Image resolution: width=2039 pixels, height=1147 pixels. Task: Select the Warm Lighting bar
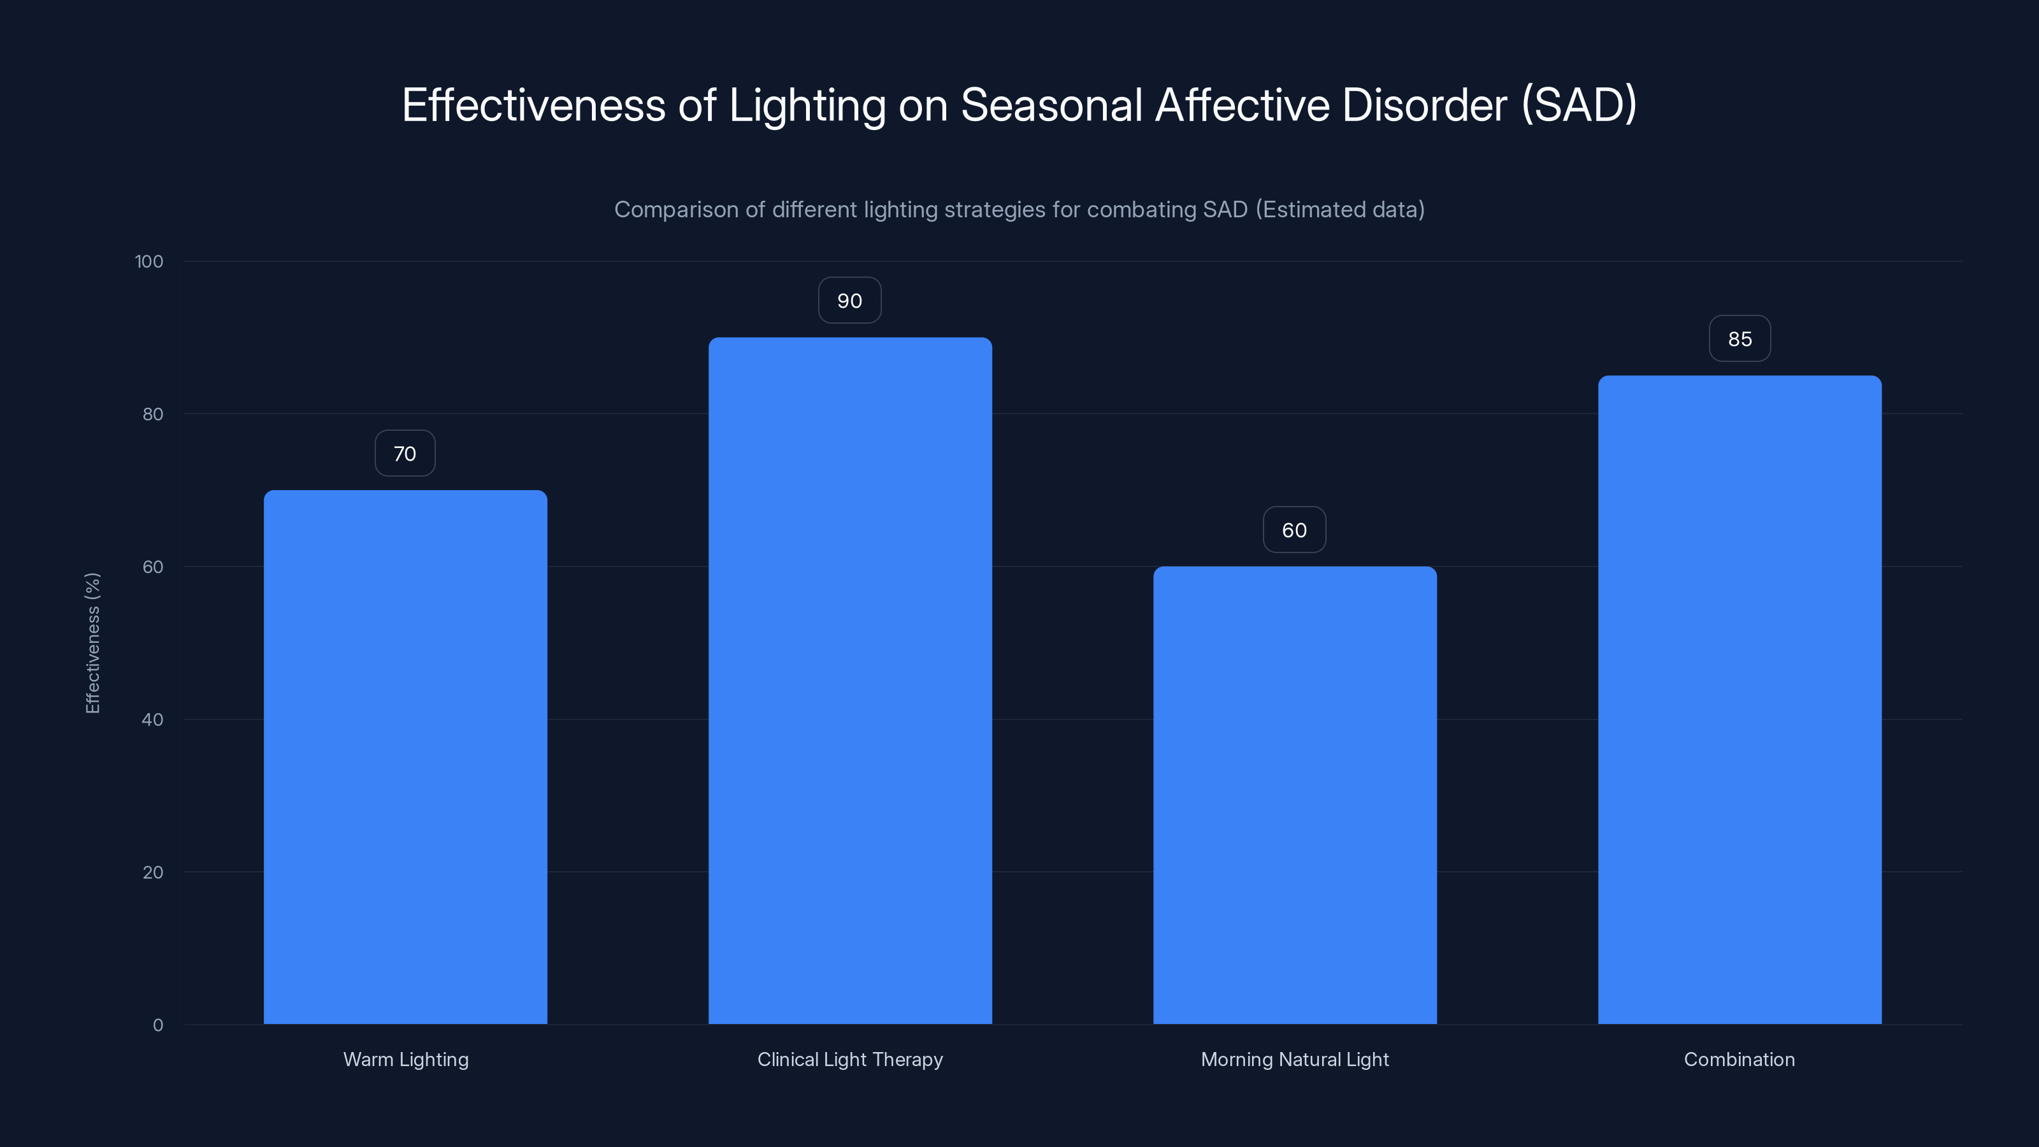click(405, 757)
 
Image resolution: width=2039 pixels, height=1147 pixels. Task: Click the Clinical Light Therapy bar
click(850, 681)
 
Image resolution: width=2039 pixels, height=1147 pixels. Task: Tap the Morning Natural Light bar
click(1295, 795)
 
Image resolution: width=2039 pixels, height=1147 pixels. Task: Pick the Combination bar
click(1740, 700)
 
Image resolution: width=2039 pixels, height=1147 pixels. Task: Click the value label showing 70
click(405, 454)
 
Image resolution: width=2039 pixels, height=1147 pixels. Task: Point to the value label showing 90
click(849, 301)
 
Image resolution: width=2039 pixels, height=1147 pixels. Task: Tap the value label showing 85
click(1740, 339)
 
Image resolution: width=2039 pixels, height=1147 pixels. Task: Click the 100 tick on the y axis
click(149, 261)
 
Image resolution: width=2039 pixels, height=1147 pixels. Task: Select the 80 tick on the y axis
click(153, 414)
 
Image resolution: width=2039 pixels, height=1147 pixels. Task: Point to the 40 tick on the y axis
click(153, 719)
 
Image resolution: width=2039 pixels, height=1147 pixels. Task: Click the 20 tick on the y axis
click(153, 872)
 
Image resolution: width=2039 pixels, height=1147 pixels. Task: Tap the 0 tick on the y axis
click(157, 1025)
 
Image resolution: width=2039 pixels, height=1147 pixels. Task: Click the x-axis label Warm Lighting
click(406, 1059)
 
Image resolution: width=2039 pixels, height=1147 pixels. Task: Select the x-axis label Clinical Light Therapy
click(850, 1059)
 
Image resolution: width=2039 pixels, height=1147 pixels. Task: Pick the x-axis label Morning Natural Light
click(1295, 1059)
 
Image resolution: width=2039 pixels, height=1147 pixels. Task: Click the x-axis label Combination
click(1739, 1059)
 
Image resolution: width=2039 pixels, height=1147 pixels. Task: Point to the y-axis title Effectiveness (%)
click(92, 643)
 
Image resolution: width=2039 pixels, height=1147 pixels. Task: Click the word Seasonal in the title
click(1051, 105)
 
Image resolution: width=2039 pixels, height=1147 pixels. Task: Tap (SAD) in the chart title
click(1578, 105)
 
